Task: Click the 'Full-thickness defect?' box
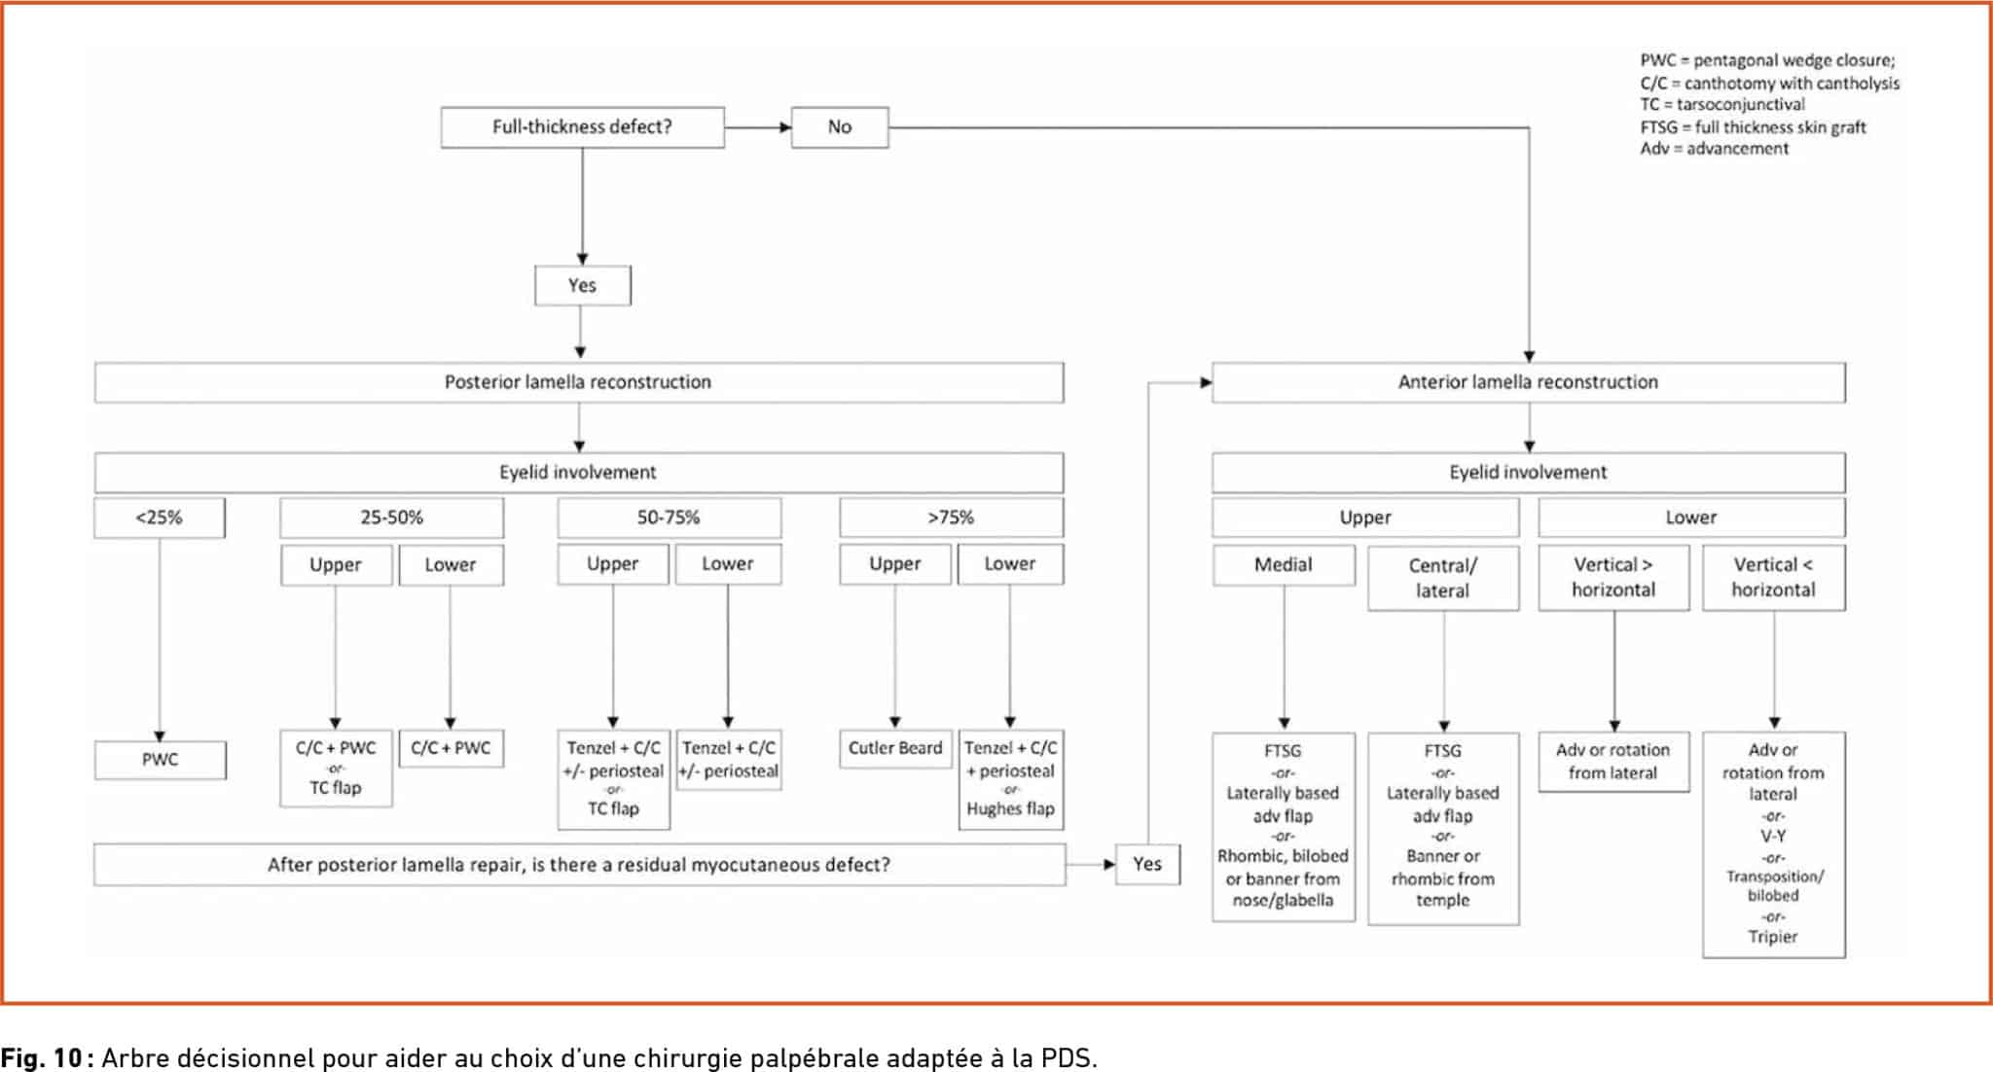(x=582, y=127)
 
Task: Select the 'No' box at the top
(x=840, y=127)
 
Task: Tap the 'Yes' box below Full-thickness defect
(x=582, y=285)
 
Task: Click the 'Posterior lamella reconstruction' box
(x=578, y=382)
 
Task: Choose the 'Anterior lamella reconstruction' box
(x=1528, y=382)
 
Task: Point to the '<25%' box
(x=160, y=518)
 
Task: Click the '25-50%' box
(x=392, y=518)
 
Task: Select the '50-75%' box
(x=669, y=518)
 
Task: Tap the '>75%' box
(x=951, y=518)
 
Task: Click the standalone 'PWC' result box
(x=160, y=760)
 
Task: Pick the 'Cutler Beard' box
(x=895, y=749)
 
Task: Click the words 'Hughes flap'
(x=1010, y=808)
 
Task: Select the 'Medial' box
(x=1284, y=565)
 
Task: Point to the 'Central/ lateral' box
(x=1443, y=578)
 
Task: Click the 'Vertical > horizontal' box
(x=1613, y=577)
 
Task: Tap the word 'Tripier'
(x=1773, y=937)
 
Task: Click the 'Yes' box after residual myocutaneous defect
(x=1147, y=864)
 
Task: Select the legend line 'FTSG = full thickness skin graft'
(x=1753, y=126)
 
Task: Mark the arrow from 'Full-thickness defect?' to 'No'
(x=758, y=127)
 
